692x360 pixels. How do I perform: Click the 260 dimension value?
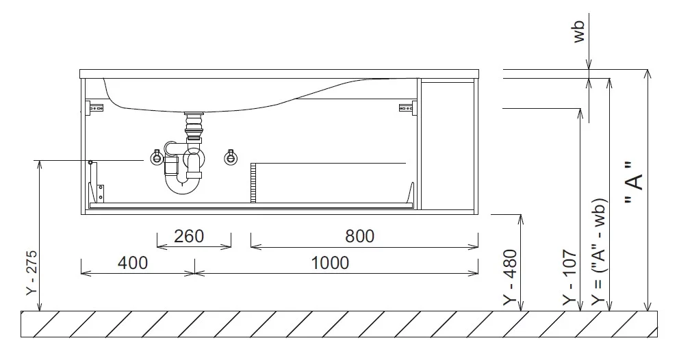click(x=189, y=237)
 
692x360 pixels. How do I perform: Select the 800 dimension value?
click(x=359, y=237)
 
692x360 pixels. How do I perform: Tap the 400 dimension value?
click(x=132, y=263)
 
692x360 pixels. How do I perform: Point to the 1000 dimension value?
click(x=330, y=263)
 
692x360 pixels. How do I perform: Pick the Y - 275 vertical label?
click(x=31, y=273)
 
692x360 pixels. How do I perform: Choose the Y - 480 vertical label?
click(x=510, y=277)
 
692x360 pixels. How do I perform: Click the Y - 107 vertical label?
click(x=569, y=277)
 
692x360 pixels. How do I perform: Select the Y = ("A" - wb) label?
click(x=599, y=252)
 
